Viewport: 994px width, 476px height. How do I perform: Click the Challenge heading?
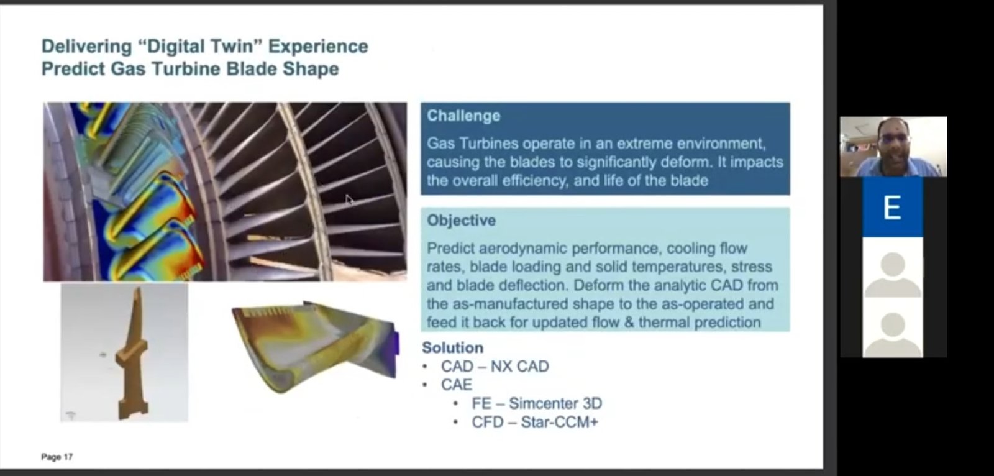click(463, 116)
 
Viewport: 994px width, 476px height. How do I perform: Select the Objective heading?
click(461, 220)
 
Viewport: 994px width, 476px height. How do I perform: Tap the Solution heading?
click(453, 347)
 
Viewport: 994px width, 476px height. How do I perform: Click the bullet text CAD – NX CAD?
click(495, 367)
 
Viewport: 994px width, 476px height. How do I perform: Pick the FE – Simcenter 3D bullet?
click(537, 403)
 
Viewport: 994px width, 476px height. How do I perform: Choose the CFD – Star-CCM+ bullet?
click(535, 422)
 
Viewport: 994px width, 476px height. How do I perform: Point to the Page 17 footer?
click(57, 457)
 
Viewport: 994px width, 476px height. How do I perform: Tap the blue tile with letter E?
click(892, 207)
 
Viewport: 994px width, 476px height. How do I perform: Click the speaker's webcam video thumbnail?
click(893, 147)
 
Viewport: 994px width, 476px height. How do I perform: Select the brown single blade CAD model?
click(132, 355)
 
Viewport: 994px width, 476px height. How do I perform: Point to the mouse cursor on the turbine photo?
click(349, 200)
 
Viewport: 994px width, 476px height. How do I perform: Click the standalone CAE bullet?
click(457, 385)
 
